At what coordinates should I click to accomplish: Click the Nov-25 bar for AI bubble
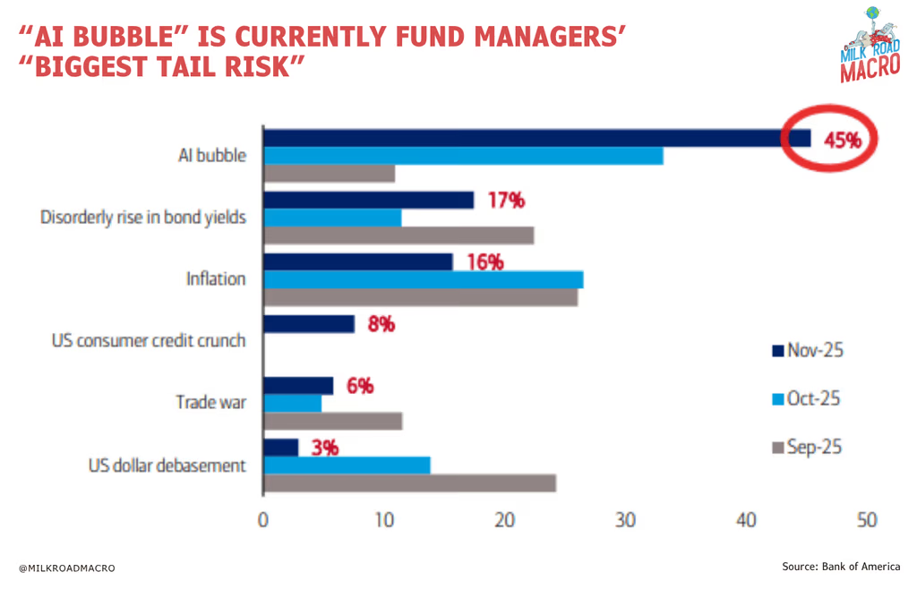pos(537,138)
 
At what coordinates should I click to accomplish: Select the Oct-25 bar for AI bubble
pos(464,156)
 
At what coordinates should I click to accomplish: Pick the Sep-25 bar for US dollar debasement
pos(410,483)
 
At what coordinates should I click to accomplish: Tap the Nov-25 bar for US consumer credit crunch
pos(309,324)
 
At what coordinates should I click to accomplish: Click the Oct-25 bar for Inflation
pos(424,279)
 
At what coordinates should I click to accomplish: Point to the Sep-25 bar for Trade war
pos(333,421)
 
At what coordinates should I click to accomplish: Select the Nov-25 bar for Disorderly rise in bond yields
pos(369,201)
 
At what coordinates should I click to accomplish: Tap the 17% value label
pos(506,201)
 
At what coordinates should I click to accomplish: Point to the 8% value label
pos(381,324)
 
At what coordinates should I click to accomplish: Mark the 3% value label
pos(324,448)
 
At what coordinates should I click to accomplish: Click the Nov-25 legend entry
pos(806,350)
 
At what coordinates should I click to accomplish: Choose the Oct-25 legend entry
pos(806,398)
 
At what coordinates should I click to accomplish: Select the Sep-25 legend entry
pos(806,447)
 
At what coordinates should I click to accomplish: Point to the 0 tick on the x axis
pos(263,520)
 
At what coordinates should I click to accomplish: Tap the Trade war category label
pos(210,403)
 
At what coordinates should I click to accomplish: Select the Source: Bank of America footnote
pos(841,567)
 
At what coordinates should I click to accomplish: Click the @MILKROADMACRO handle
pos(67,568)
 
